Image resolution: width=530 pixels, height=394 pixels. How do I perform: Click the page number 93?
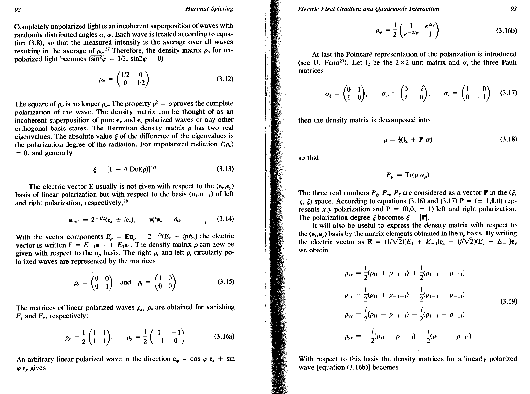pyautogui.click(x=513, y=9)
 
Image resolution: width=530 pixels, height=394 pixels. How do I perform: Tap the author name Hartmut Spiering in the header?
pyautogui.click(x=209, y=9)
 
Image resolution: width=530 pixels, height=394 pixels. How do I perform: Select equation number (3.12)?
pyautogui.click(x=225, y=79)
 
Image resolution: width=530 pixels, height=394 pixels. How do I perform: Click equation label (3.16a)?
pyautogui.click(x=224, y=336)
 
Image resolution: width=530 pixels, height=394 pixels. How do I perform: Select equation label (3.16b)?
pyautogui.click(x=506, y=31)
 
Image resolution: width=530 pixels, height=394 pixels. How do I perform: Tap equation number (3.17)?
pyautogui.click(x=508, y=93)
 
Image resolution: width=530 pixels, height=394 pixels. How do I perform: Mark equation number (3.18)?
pyautogui.click(x=508, y=139)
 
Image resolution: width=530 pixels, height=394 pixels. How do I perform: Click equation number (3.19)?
pyautogui.click(x=508, y=301)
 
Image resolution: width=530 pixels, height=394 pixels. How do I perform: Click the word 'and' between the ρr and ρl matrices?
pyautogui.click(x=125, y=282)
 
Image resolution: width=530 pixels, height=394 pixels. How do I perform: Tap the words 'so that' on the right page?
pyautogui.click(x=308, y=158)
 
